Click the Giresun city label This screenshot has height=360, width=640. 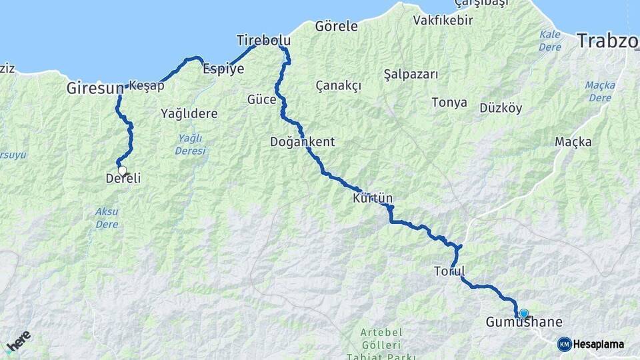pos(95,87)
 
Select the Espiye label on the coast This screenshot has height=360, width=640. pos(223,69)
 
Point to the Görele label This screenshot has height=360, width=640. pos(336,27)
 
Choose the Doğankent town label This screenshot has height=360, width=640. pos(302,142)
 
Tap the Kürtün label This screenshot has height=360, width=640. pos(373,199)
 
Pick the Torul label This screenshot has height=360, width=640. pos(449,271)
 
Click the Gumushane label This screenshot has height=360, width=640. pos(524,323)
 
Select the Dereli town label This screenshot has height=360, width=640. pos(123,179)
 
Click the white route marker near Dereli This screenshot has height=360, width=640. pos(122,170)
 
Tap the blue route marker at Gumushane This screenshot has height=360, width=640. pos(524,313)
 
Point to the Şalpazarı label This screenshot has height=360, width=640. pos(411,74)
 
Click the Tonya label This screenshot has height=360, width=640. pos(449,103)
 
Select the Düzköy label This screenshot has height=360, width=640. pos(501,108)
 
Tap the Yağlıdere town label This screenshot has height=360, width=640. pos(189,113)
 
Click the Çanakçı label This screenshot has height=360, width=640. pos(338,86)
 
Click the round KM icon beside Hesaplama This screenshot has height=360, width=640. pos(565,344)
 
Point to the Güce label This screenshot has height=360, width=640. pos(261,100)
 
